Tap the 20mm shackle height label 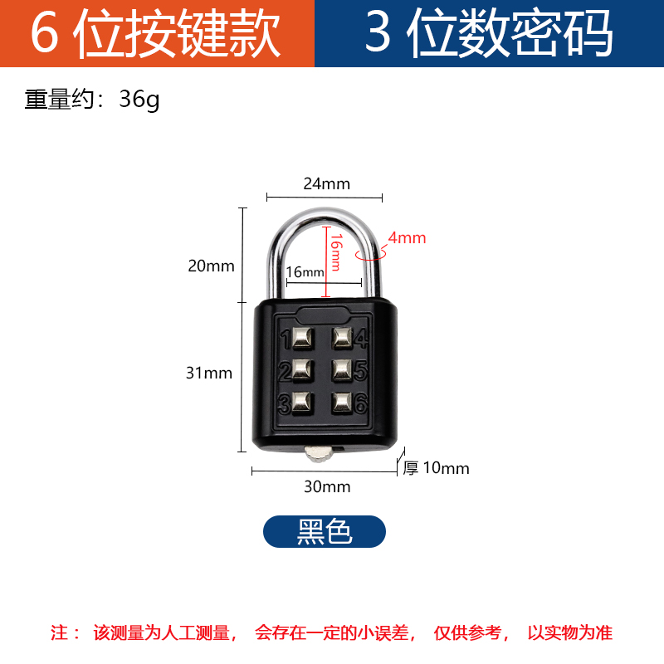(212, 266)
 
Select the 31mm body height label (209, 373)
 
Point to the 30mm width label (327, 486)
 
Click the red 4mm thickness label (407, 238)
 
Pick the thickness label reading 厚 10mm (437, 468)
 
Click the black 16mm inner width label (305, 272)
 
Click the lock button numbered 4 (342, 338)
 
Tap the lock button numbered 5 (342, 369)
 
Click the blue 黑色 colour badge (325, 531)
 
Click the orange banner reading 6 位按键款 (157, 33)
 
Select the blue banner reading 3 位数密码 (490, 33)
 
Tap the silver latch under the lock (319, 452)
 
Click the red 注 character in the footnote (61, 632)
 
